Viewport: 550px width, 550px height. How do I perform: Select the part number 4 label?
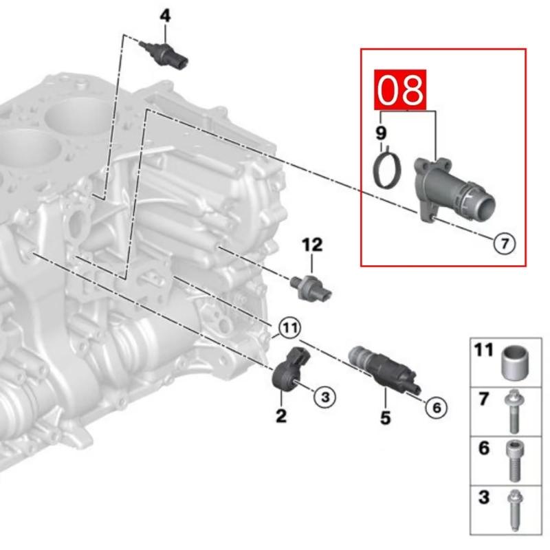pyautogui.click(x=164, y=14)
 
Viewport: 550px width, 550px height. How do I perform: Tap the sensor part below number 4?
pyautogui.click(x=166, y=54)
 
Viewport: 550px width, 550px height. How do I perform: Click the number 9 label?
pyautogui.click(x=381, y=132)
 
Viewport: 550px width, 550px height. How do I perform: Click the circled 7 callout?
pyautogui.click(x=503, y=243)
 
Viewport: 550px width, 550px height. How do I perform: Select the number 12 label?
pyautogui.click(x=311, y=244)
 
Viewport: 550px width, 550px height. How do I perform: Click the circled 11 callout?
pyautogui.click(x=289, y=329)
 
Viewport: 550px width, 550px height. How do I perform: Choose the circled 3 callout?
pyautogui.click(x=324, y=395)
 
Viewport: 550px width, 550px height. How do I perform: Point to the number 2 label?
pyautogui.click(x=280, y=416)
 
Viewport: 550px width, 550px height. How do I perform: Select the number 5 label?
pyautogui.click(x=385, y=417)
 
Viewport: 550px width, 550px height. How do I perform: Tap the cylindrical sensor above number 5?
pyautogui.click(x=379, y=370)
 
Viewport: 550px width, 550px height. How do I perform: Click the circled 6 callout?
pyautogui.click(x=435, y=408)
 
